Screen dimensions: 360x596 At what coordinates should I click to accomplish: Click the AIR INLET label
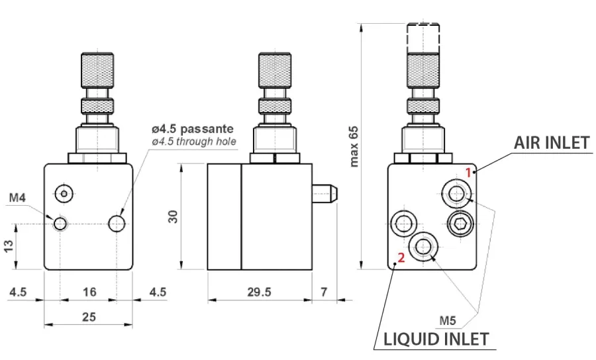pyautogui.click(x=551, y=143)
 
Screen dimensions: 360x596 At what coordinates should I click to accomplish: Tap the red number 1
pyautogui.click(x=468, y=171)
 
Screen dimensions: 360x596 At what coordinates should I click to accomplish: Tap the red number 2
pyautogui.click(x=399, y=258)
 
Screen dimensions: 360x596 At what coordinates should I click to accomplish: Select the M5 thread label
pyautogui.click(x=448, y=321)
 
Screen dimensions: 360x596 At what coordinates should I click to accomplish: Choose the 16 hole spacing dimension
pyautogui.click(x=89, y=292)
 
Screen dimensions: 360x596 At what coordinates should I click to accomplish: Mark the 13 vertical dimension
pyautogui.click(x=9, y=246)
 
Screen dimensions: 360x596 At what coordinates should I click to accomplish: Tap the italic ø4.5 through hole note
pyautogui.click(x=193, y=141)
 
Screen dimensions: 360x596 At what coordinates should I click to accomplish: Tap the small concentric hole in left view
pyautogui.click(x=64, y=193)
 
